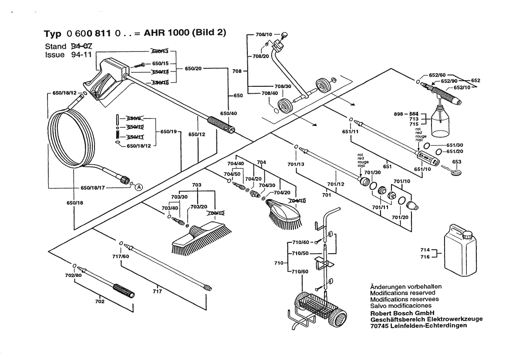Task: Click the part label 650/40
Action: (229, 113)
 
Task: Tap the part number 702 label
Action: (100, 302)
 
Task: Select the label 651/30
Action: (455, 145)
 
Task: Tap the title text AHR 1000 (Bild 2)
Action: (184, 34)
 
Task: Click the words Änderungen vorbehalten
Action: (405, 286)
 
